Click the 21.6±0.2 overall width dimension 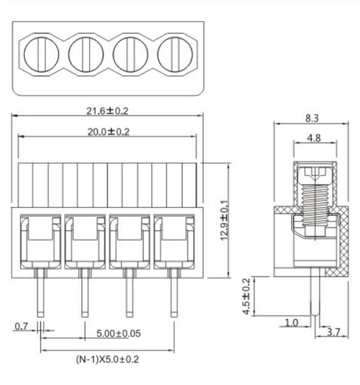point(107,111)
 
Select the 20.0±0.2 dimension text point(107,131)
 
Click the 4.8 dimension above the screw point(314,138)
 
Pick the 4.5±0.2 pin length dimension point(247,296)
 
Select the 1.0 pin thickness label point(291,322)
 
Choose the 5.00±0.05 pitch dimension point(118,333)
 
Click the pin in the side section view point(315,297)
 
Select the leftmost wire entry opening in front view point(40,240)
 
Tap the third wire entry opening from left point(130,240)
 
